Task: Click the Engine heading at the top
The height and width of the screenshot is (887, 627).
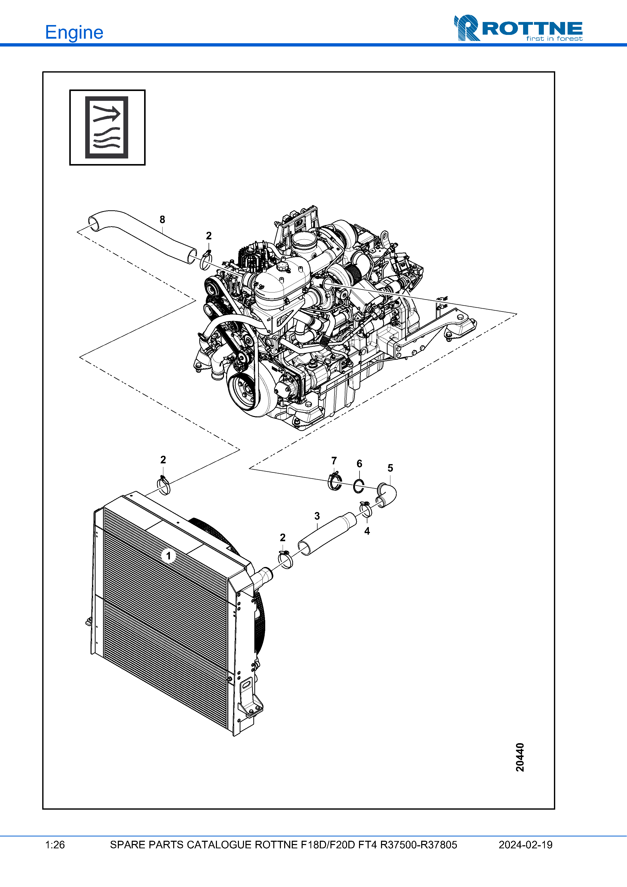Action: coord(74,32)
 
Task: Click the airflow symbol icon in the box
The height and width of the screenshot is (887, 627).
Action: coord(107,127)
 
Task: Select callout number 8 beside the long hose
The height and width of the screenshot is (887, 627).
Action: coord(162,219)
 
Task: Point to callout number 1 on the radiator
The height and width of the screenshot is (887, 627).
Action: coord(168,556)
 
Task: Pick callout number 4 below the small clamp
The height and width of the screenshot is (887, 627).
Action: coord(367,531)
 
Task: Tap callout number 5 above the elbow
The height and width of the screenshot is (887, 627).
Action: coord(390,468)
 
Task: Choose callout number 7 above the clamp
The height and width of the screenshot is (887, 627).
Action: coord(334,461)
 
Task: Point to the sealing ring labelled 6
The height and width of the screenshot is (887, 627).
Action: coord(359,486)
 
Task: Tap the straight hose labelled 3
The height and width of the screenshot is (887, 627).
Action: coord(328,534)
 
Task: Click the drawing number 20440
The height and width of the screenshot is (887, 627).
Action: coord(520,757)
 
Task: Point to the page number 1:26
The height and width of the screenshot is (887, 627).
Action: coord(55,845)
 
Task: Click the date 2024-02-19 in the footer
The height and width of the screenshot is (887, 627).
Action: coord(525,845)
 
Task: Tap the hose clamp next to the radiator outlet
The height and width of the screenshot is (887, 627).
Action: coord(285,559)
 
